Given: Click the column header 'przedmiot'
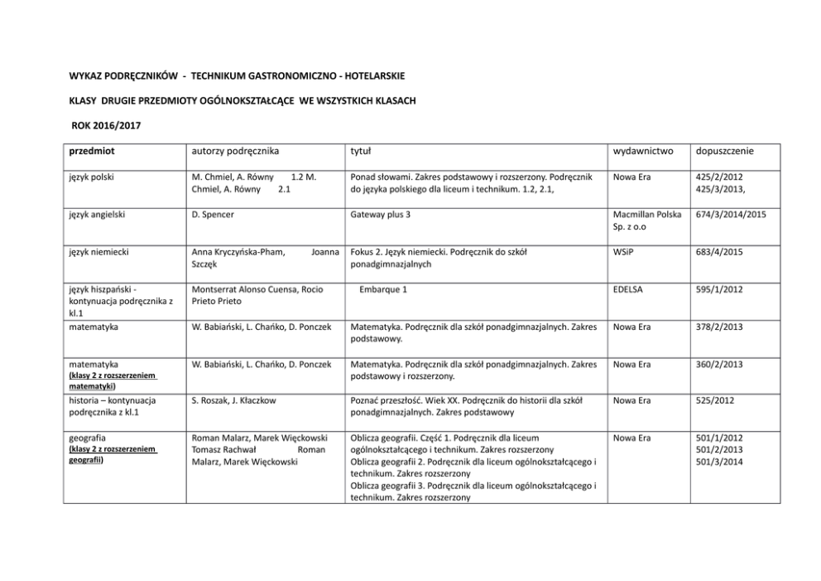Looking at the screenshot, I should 91,152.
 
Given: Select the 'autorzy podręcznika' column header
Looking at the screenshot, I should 234,152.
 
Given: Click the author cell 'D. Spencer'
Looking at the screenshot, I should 212,215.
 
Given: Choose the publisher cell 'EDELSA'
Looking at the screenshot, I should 630,290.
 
